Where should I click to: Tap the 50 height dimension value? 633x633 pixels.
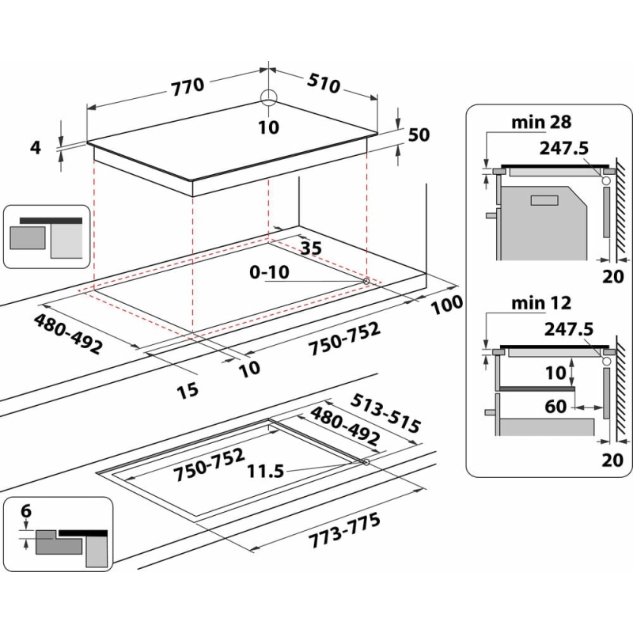pos(419,135)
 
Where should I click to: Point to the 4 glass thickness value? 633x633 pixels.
pos(35,147)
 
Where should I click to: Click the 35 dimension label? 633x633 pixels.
pos(312,248)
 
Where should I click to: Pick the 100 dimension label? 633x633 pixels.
pos(446,304)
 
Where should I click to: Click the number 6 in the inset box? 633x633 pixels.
pos(25,512)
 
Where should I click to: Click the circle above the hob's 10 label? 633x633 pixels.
pos(269,97)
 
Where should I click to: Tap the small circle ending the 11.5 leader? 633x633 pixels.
pos(366,462)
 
